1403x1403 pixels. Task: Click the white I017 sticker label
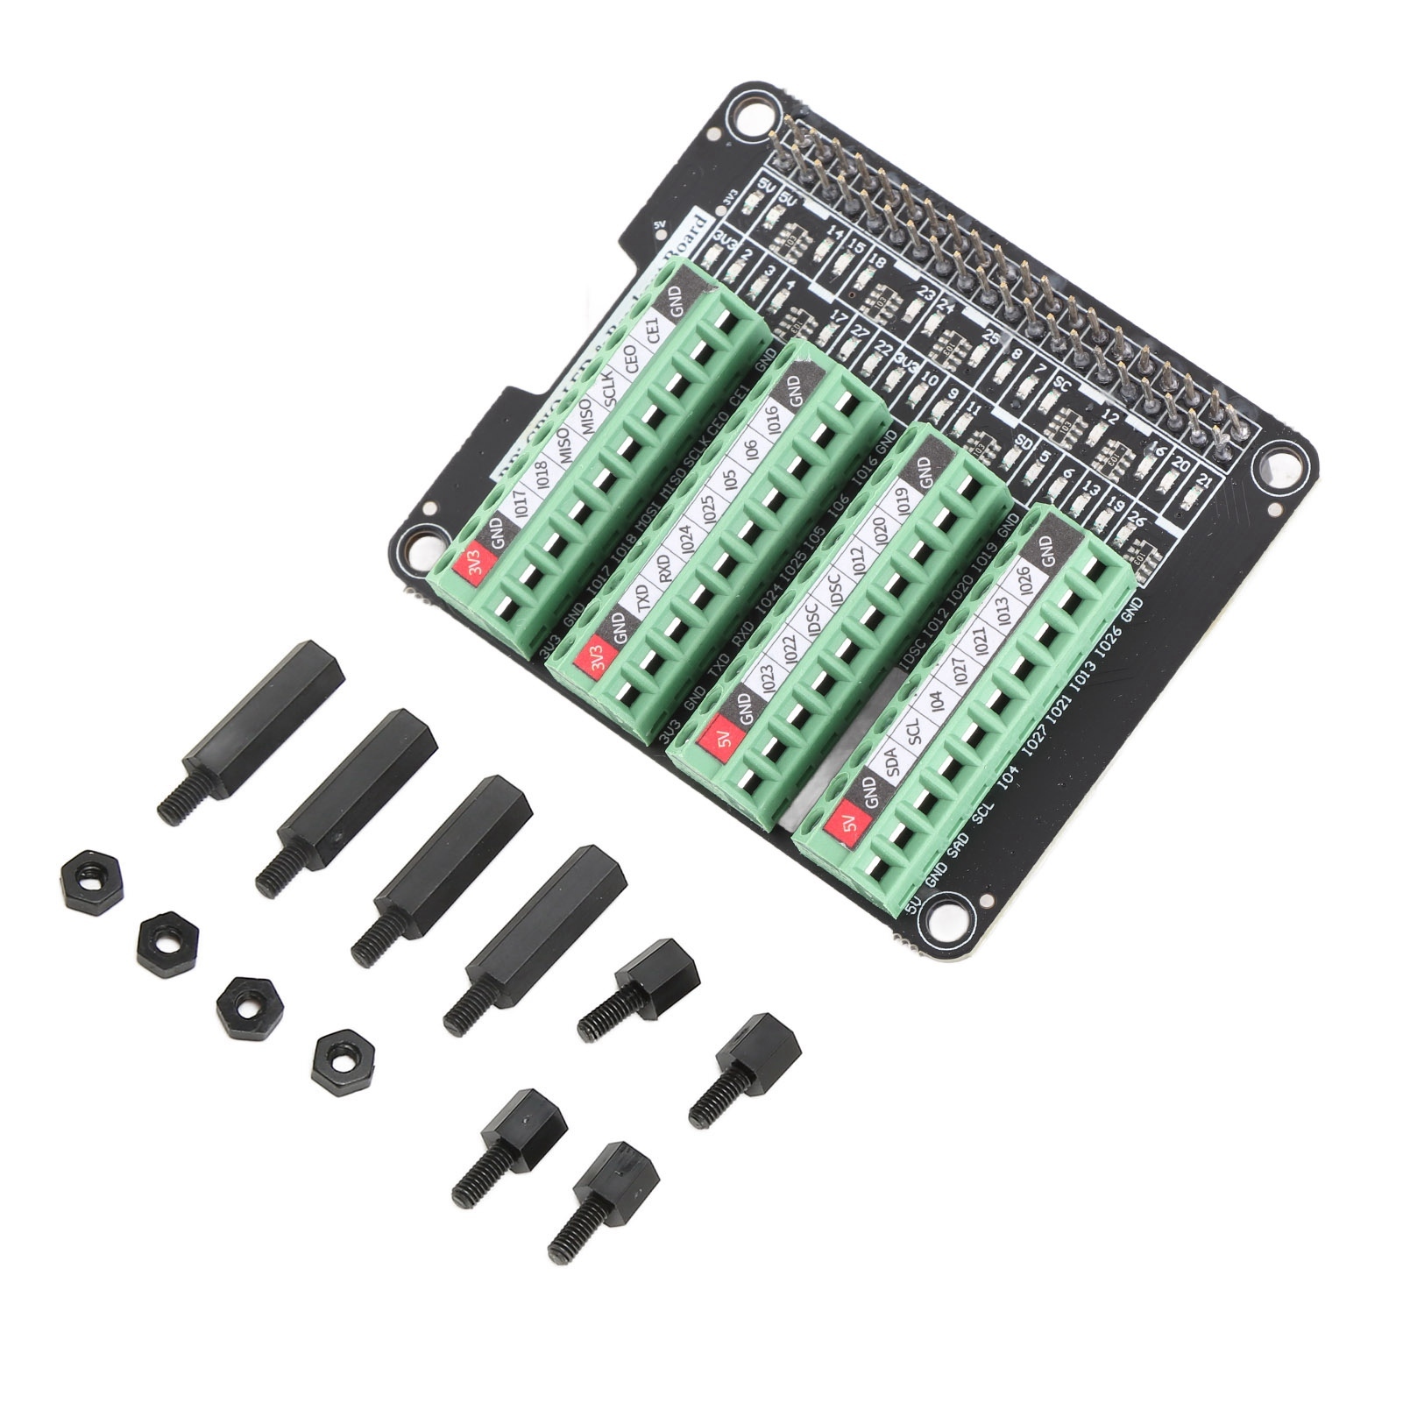coord(519,508)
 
